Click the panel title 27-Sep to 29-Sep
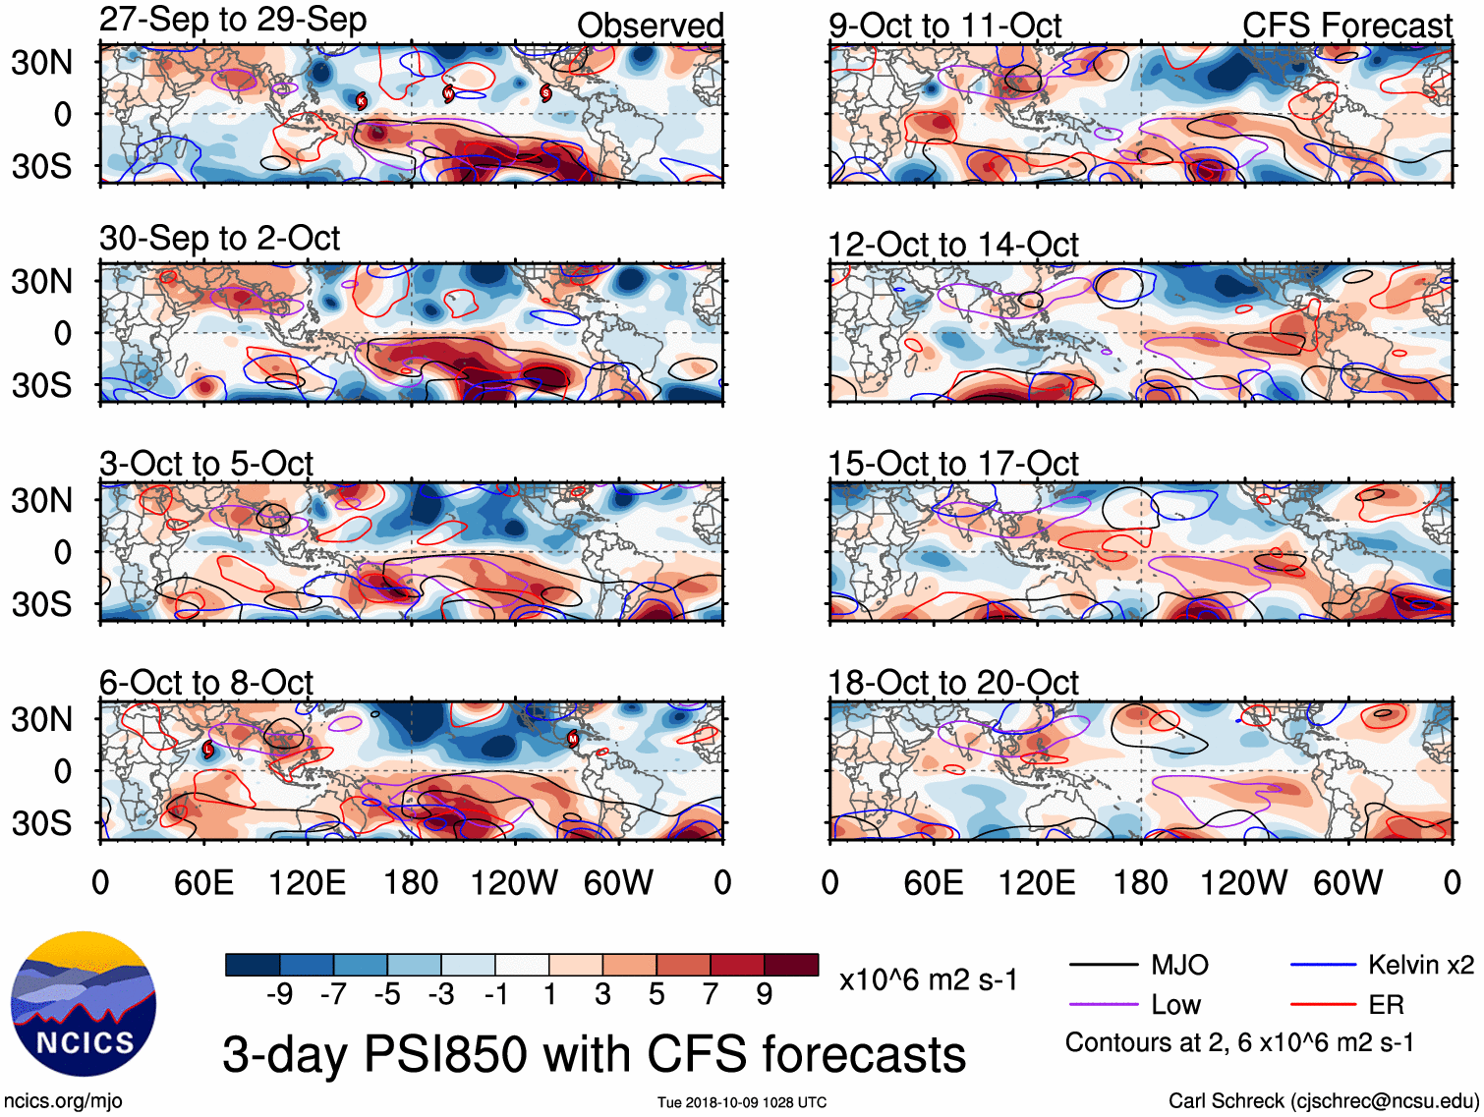click(233, 20)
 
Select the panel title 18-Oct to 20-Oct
click(953, 682)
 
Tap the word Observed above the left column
click(650, 26)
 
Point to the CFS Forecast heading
click(1346, 26)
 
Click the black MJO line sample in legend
click(1104, 965)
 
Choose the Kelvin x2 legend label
click(1420, 965)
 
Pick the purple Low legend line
click(1104, 1005)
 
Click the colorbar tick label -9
click(279, 995)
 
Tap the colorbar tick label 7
click(711, 995)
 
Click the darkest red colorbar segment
click(791, 965)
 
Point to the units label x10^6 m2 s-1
click(929, 979)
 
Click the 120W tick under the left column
click(514, 882)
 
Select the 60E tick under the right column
click(933, 882)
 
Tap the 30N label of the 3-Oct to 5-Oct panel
click(41, 500)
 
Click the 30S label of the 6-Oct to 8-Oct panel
click(41, 822)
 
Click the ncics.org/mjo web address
click(63, 1101)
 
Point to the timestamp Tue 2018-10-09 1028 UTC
click(742, 1102)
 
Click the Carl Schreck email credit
click(1323, 1100)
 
